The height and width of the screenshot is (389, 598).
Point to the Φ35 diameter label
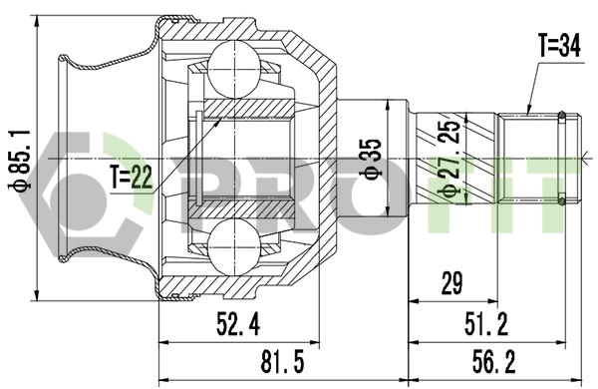pyautogui.click(x=371, y=157)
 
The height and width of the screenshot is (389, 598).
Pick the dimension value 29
pyautogui.click(x=452, y=284)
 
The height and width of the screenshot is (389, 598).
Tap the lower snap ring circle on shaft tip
pyautogui.click(x=564, y=199)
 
